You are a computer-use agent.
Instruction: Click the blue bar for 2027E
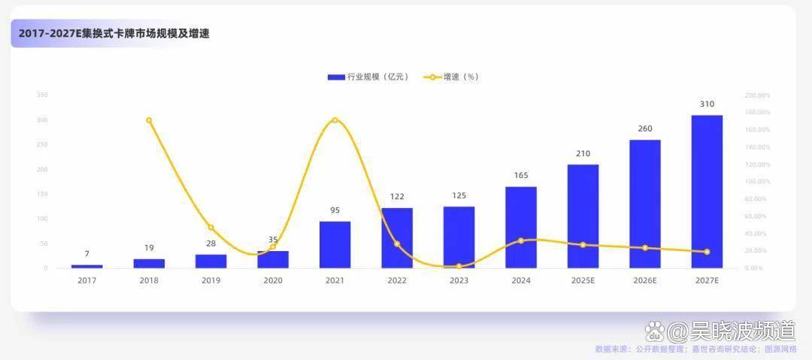coord(707,192)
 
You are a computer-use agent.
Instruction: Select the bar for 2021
coord(335,244)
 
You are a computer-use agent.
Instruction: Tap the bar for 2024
coord(521,227)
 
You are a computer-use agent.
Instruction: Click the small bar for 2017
coord(87,266)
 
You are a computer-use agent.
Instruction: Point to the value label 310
coord(707,104)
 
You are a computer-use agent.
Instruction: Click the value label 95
coord(335,210)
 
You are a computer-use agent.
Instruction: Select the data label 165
coord(521,176)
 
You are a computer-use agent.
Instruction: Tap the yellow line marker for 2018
coord(149,120)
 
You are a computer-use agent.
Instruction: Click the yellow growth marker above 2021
coord(335,120)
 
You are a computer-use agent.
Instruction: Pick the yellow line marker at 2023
coord(459,266)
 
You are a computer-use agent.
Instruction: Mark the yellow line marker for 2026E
coord(645,248)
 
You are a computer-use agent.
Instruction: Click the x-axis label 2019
coord(211,280)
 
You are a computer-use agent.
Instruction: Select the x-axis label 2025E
coord(583,280)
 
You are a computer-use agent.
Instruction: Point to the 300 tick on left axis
coord(42,120)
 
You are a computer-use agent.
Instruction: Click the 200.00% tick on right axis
coord(757,95)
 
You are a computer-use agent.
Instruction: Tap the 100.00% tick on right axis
coord(757,182)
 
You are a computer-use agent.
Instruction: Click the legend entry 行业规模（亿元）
coord(368,77)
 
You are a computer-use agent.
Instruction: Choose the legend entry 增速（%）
coord(452,77)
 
